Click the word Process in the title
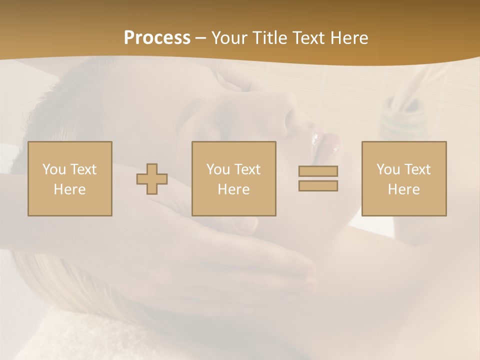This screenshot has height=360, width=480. pyautogui.click(x=157, y=38)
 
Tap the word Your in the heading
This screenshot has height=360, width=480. pyautogui.click(x=230, y=38)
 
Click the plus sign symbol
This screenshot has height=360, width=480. pyautogui.click(x=152, y=178)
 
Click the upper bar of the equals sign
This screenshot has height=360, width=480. pyautogui.click(x=318, y=171)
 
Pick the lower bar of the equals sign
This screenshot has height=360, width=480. pyautogui.click(x=318, y=185)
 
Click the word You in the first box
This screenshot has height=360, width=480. pyautogui.click(x=54, y=169)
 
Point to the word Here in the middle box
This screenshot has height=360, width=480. pyautogui.click(x=234, y=189)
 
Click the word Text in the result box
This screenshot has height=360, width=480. pyautogui.click(x=417, y=169)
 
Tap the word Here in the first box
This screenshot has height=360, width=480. pyautogui.click(x=70, y=189)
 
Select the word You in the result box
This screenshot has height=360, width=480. pyautogui.click(x=388, y=169)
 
